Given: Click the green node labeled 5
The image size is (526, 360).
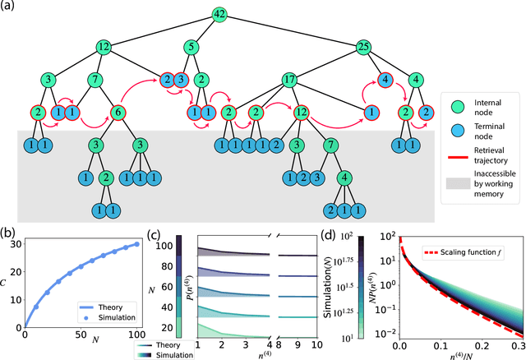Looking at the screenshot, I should click(191, 47).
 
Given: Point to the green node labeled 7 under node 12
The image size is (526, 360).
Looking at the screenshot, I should click(95, 81).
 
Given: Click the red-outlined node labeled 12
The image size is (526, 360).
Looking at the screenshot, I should click(302, 113).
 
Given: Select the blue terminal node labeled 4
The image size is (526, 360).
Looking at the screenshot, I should click(385, 81).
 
